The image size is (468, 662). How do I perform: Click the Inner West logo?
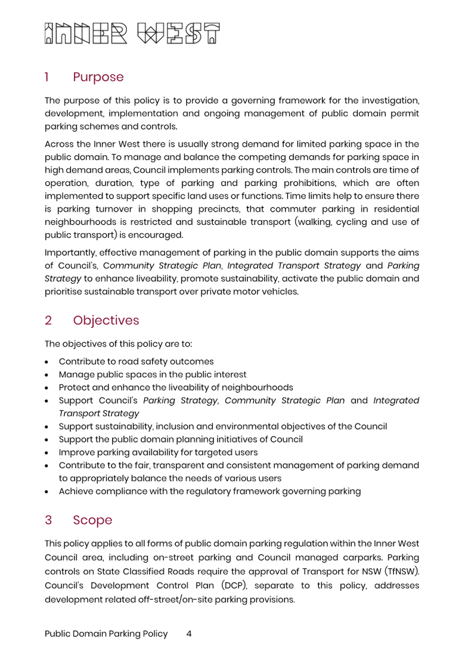(x=132, y=35)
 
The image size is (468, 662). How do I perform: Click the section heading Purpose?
(x=98, y=77)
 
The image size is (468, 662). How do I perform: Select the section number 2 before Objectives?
(x=48, y=320)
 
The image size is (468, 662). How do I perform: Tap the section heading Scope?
(x=92, y=520)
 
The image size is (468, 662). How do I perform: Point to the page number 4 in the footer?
(x=189, y=634)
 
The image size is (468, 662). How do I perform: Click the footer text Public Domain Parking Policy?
(x=106, y=634)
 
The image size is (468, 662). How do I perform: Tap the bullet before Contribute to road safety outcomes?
(x=47, y=361)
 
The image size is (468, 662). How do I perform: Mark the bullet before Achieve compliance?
(x=47, y=491)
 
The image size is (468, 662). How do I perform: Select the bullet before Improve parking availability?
(x=47, y=453)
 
